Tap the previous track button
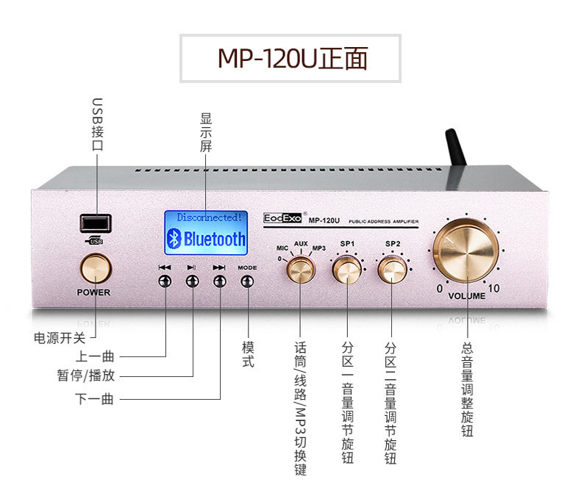[x=165, y=281]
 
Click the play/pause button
[x=192, y=281]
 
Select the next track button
[x=218, y=281]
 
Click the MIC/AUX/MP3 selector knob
[x=299, y=271]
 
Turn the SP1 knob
[x=346, y=270]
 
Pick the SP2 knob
[x=392, y=270]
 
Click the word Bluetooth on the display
[x=214, y=239]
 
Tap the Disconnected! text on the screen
[x=209, y=218]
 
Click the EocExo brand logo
[x=283, y=218]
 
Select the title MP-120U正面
[x=292, y=58]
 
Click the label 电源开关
[x=60, y=338]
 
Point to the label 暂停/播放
[x=85, y=376]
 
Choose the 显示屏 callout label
[x=206, y=132]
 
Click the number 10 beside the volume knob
[x=493, y=289]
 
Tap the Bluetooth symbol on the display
[x=174, y=238]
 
